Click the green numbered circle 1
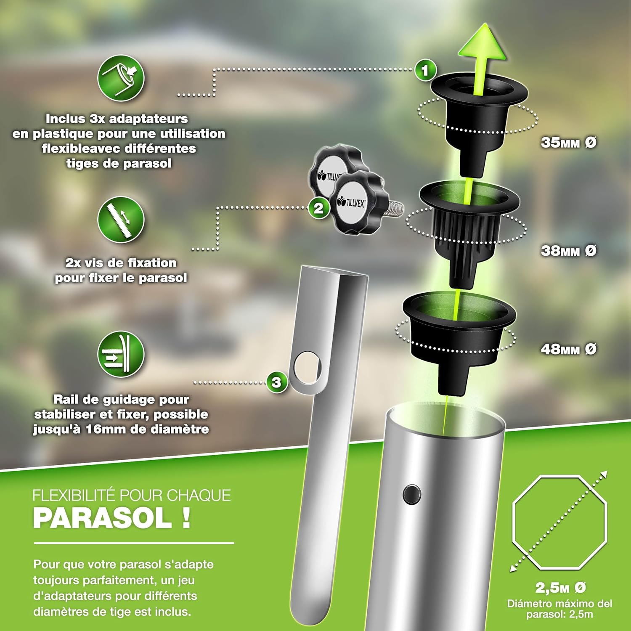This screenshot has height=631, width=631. pyautogui.click(x=425, y=70)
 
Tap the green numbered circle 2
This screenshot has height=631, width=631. pyautogui.click(x=319, y=208)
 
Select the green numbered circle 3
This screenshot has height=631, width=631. pyautogui.click(x=276, y=382)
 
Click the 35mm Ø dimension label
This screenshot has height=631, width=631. pyautogui.click(x=568, y=143)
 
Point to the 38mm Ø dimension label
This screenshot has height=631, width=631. pyautogui.click(x=568, y=251)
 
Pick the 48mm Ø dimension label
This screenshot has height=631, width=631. pyautogui.click(x=568, y=349)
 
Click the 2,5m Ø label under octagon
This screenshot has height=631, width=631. pyautogui.click(x=560, y=587)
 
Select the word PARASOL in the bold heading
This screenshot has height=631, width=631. pyautogui.click(x=102, y=518)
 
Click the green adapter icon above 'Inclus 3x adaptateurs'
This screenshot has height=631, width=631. pyautogui.click(x=121, y=78)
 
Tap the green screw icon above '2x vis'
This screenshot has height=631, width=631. pyautogui.click(x=121, y=220)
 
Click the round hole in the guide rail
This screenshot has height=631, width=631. pyautogui.click(x=308, y=367)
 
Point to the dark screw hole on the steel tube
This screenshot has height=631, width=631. pyautogui.click(x=411, y=493)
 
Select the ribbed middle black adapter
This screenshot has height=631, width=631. pyautogui.click(x=467, y=227)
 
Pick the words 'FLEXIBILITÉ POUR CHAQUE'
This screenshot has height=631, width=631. pyautogui.click(x=132, y=495)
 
